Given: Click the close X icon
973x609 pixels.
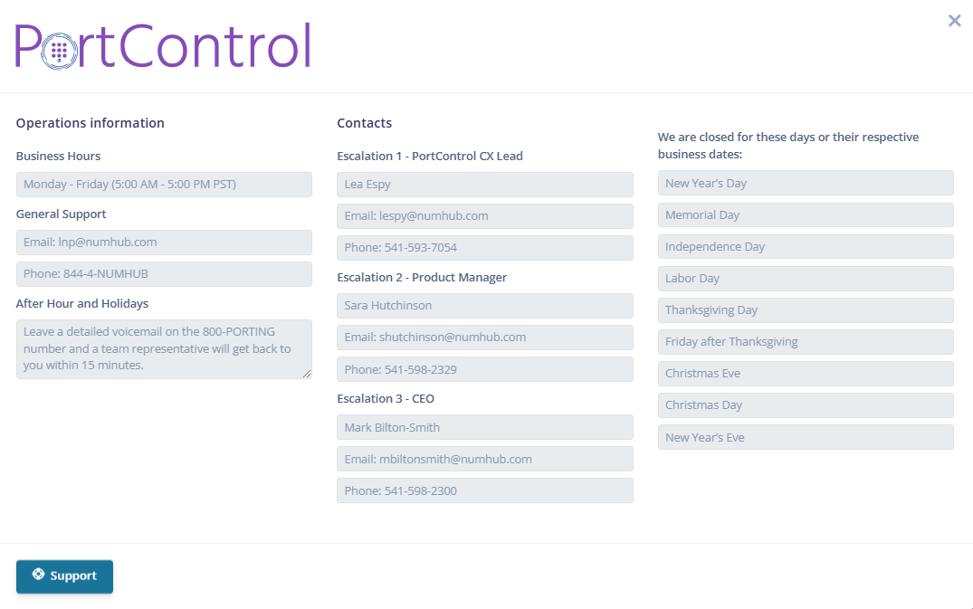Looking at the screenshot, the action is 954,21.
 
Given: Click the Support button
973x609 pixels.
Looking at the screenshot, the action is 64,576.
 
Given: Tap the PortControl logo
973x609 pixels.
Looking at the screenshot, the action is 163,46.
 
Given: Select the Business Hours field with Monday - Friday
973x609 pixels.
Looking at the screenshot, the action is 164,185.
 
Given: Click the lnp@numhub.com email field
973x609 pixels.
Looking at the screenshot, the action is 164,242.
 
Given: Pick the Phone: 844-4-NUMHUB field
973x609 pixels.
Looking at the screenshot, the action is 164,273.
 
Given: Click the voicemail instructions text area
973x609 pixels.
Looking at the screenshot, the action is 164,348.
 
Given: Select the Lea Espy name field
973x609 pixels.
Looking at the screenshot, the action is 484,185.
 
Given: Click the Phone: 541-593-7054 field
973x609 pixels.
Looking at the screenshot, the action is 484,247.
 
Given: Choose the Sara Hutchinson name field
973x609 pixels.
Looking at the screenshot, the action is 484,306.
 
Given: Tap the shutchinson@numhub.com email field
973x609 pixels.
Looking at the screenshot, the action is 484,338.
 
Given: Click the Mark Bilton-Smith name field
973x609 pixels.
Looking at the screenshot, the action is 484,427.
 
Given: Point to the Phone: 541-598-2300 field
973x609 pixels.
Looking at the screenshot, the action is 484,490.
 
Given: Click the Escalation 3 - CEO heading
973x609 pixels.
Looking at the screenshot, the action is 386,399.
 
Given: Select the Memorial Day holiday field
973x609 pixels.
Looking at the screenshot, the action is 806,215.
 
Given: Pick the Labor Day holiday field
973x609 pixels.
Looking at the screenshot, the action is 806,279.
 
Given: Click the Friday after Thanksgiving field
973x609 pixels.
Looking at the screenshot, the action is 806,342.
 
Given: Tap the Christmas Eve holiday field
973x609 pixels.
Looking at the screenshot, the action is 806,374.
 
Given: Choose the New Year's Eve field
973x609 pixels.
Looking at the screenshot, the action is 806,437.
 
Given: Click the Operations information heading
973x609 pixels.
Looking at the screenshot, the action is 90,123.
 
